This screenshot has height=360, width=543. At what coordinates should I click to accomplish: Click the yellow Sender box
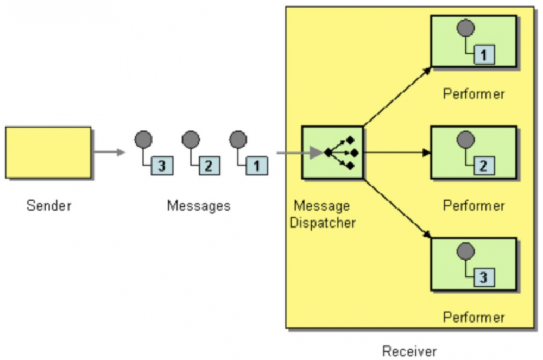[x=48, y=153]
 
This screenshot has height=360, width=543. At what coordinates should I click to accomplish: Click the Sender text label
[x=49, y=206]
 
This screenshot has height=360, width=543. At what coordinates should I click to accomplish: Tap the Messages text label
[x=198, y=206]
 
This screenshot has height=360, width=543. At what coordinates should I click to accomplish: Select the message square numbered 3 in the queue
[x=162, y=166]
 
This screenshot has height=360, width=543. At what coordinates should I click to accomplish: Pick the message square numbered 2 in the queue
[x=209, y=166]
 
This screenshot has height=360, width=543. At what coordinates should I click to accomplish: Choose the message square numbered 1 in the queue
[x=256, y=166]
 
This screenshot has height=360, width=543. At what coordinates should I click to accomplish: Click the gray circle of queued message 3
[x=144, y=140]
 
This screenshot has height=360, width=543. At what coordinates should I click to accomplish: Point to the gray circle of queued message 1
[x=238, y=140]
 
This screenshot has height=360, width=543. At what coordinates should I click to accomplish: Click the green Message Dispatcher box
[x=332, y=153]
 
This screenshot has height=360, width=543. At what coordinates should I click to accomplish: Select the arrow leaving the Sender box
[x=109, y=152]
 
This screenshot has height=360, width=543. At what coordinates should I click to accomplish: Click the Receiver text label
[x=409, y=351]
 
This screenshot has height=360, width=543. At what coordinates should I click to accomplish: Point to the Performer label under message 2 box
[x=473, y=206]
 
